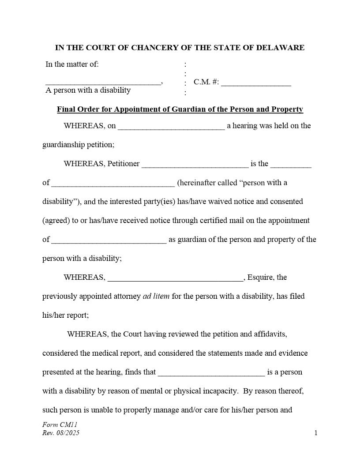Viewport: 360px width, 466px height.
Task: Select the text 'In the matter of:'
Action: click(72, 64)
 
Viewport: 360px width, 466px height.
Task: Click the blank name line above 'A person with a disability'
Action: click(103, 83)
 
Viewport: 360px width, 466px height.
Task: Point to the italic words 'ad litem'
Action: click(156, 297)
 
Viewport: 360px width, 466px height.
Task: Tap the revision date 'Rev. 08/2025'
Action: click(61, 433)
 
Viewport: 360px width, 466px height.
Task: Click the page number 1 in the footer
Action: click(316, 433)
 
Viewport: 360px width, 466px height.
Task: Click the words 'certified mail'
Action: click(222, 220)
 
